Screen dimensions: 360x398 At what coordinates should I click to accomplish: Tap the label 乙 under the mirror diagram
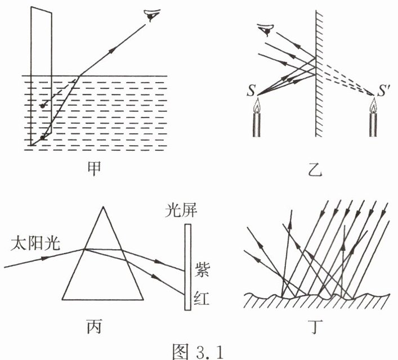317,167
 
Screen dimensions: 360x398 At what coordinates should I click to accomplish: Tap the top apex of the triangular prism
102,208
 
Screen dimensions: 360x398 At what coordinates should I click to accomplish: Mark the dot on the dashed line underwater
41,105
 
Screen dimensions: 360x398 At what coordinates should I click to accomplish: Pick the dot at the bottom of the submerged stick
41,137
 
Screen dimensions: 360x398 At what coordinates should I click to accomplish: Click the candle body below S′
373,124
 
